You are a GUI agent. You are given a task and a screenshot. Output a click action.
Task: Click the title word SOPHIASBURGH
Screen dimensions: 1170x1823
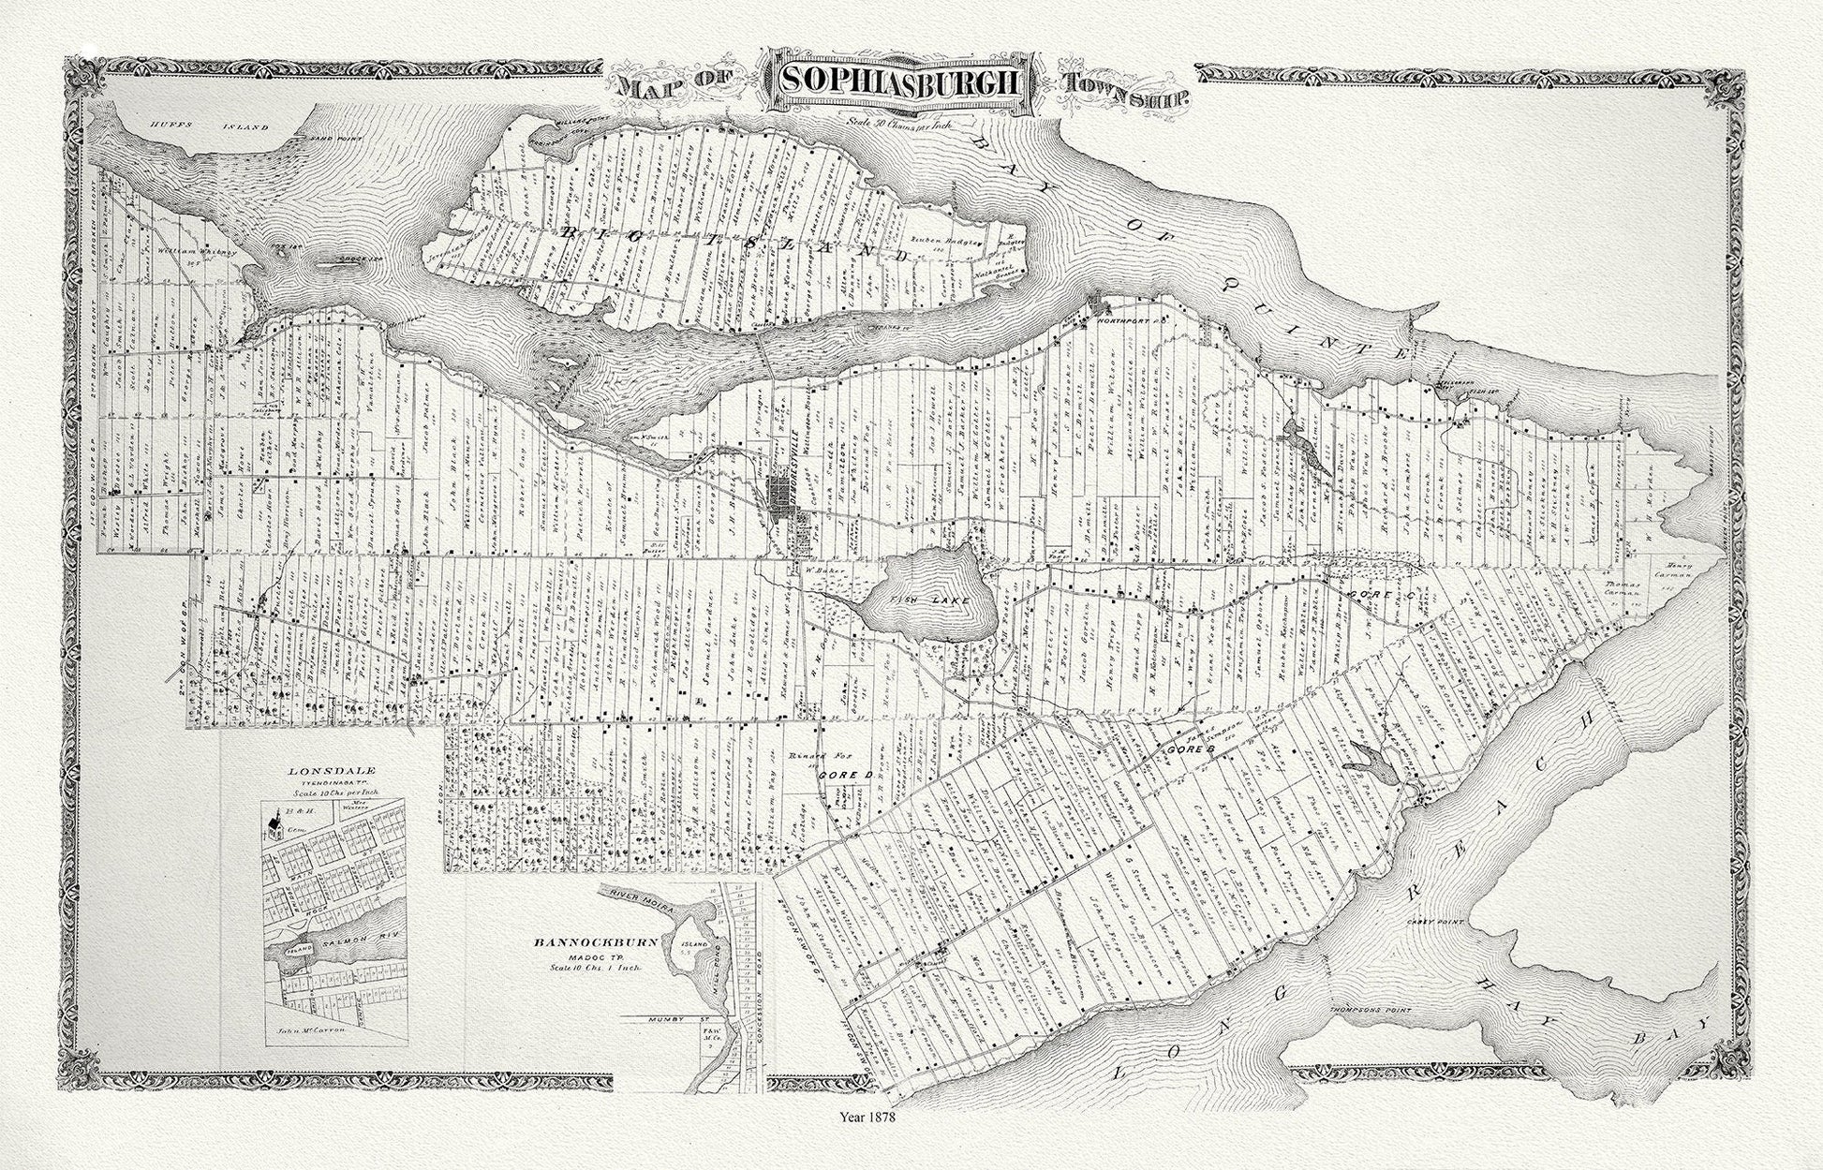[x=901, y=82]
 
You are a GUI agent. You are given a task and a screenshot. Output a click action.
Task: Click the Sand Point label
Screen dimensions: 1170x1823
[x=302, y=136]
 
